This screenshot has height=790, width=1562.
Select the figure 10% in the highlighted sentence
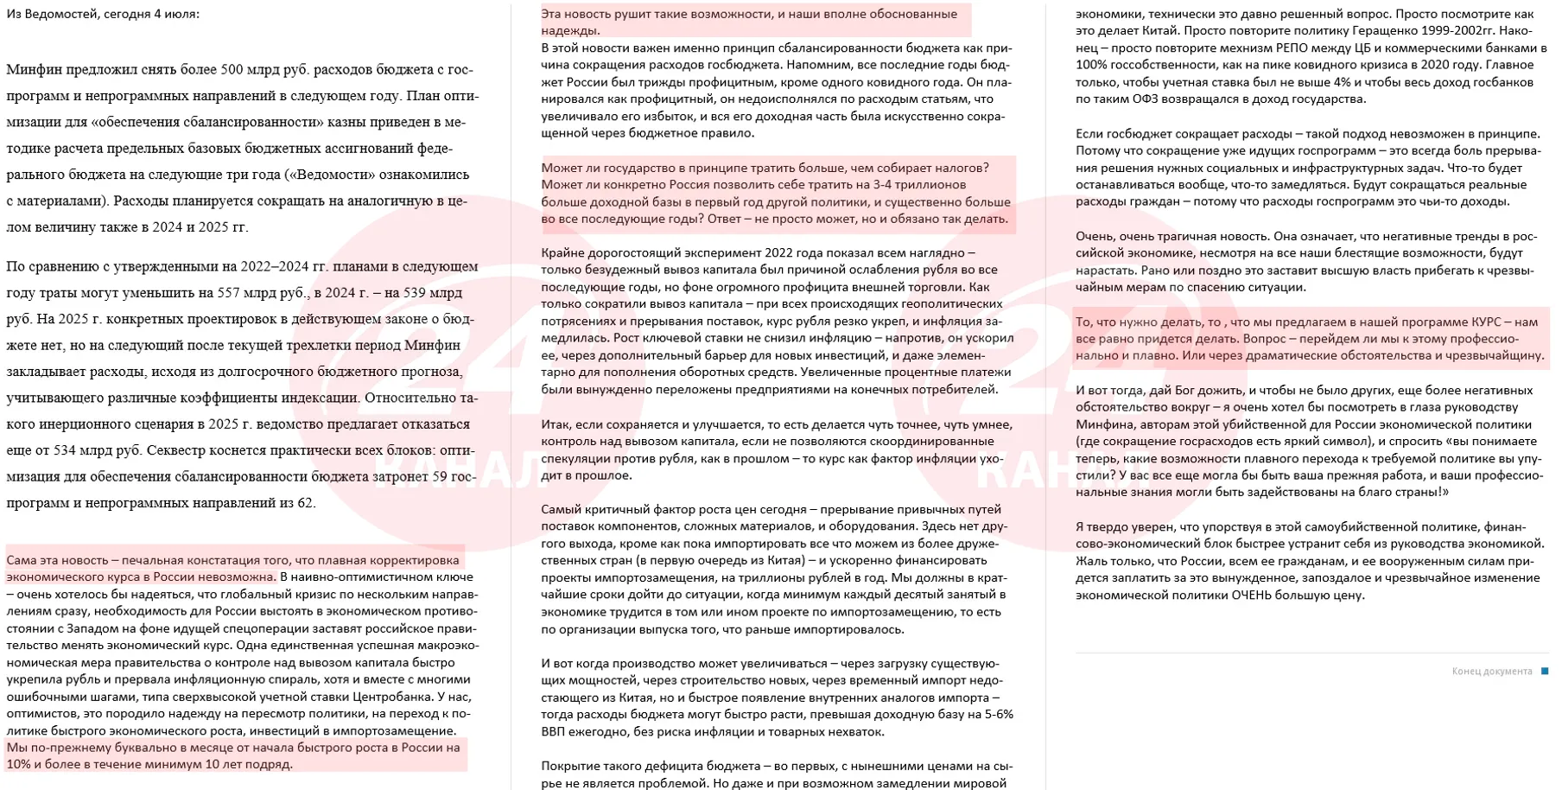19,764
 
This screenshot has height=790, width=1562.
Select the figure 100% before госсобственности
1092,65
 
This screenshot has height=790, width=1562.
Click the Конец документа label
1491,672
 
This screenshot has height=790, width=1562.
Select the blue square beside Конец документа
1545,671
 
